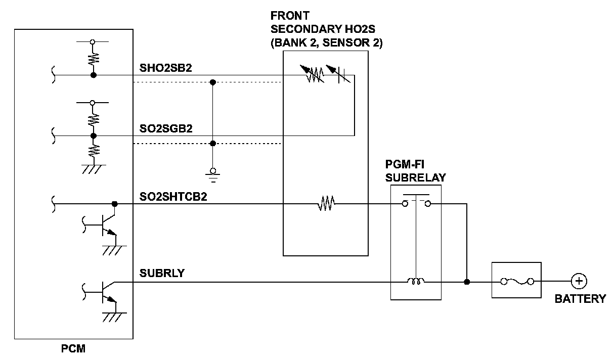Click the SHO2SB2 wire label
pyautogui.click(x=165, y=68)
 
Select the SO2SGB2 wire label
pyautogui.click(x=165, y=129)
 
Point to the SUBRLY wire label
pyautogui.click(x=162, y=274)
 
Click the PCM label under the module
pyautogui.click(x=73, y=348)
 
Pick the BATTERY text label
pyautogui.click(x=580, y=299)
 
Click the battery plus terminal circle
pyautogui.click(x=579, y=281)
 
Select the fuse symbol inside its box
pyautogui.click(x=516, y=281)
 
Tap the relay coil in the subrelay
pyautogui.click(x=416, y=281)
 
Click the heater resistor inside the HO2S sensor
pyautogui.click(x=326, y=204)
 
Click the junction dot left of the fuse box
pyautogui.click(x=466, y=281)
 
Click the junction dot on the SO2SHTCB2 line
pyautogui.click(x=115, y=204)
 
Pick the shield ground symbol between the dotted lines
pyautogui.click(x=213, y=173)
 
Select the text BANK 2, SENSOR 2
pyautogui.click(x=327, y=43)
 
